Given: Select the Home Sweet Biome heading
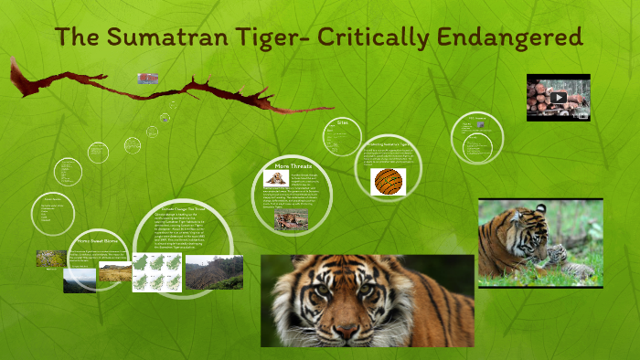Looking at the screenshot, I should (96, 241).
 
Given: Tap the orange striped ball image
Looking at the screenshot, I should (389, 181).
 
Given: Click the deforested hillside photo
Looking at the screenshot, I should (214, 272).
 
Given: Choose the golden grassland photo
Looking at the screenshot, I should (113, 272).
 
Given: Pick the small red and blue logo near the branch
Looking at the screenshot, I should (147, 78).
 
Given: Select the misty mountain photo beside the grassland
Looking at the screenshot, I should (80, 281).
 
